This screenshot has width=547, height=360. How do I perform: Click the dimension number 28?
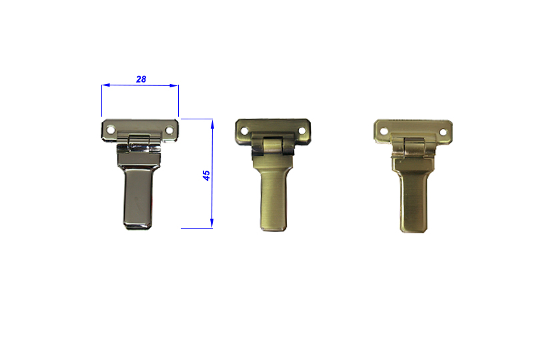click(141, 79)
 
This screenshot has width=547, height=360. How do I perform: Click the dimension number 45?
click(206, 175)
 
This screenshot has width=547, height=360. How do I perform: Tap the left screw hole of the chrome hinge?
click(111, 129)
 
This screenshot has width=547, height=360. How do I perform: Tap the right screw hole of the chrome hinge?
click(169, 131)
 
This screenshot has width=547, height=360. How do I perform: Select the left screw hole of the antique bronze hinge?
click(245, 131)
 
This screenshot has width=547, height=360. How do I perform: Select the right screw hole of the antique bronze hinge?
click(302, 131)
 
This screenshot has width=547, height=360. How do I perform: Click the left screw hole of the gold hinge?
click(384, 131)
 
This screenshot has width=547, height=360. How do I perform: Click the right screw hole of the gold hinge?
click(443, 133)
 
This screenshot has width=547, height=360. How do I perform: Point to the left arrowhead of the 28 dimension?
click(105, 85)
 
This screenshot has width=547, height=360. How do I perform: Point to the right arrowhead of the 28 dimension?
click(174, 85)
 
